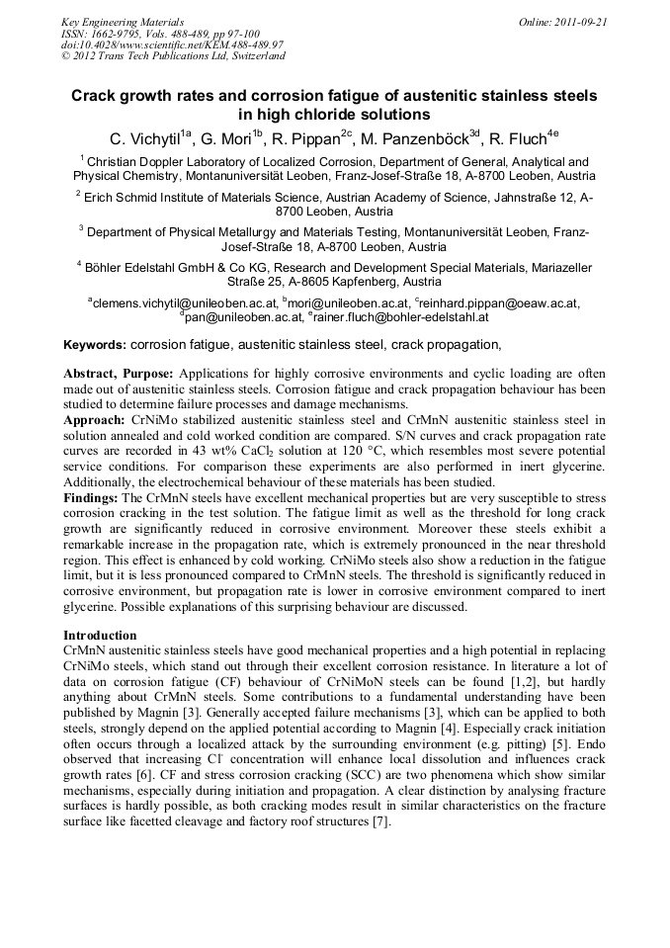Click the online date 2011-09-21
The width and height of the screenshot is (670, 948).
tap(582, 22)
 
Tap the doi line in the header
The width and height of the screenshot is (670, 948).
tap(172, 44)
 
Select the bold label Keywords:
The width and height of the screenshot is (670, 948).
tap(95, 345)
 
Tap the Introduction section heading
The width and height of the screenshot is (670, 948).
tap(100, 635)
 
